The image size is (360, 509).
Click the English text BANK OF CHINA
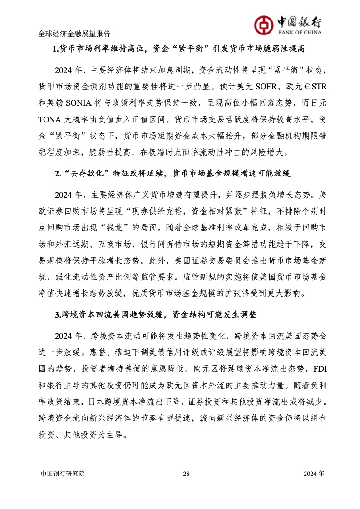297,33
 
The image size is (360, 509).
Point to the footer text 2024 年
314,474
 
